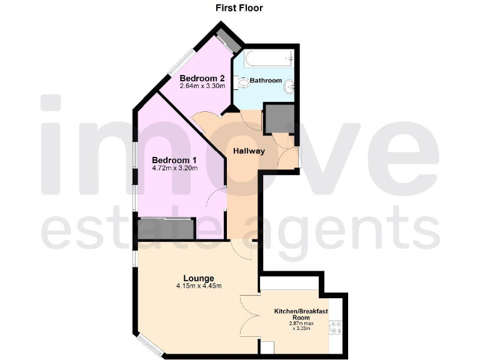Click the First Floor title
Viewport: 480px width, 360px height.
(239, 8)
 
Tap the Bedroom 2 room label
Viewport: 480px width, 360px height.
(198, 78)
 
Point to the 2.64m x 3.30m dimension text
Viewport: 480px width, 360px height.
(198, 86)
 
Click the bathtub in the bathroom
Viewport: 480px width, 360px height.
(268, 60)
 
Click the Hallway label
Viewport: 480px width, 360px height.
(249, 151)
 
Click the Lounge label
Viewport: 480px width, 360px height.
(199, 278)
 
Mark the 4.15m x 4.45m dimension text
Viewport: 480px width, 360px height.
(199, 286)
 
